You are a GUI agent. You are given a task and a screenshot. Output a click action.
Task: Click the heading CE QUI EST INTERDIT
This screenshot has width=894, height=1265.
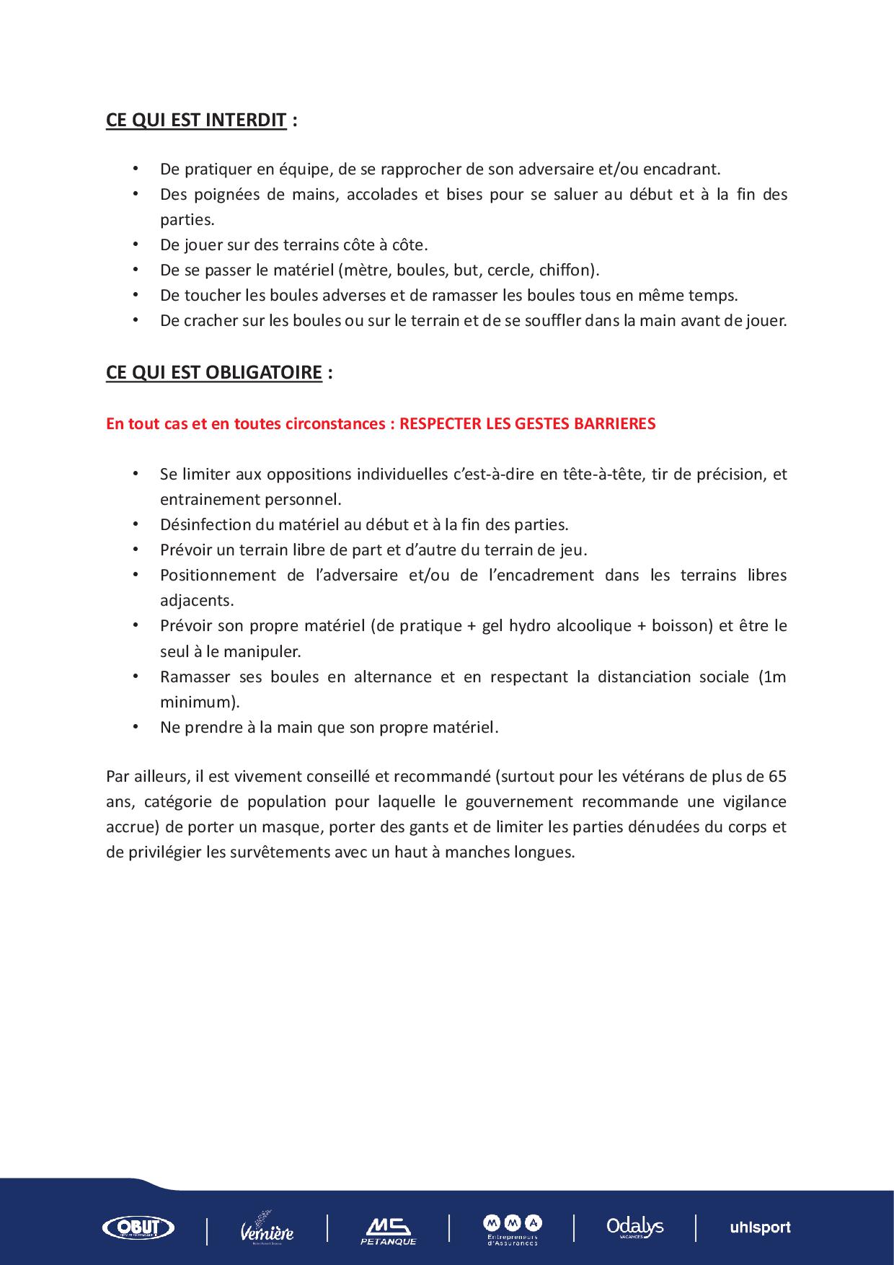pos(195,120)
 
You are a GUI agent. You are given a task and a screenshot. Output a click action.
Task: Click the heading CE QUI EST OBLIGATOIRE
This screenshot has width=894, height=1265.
pos(213,372)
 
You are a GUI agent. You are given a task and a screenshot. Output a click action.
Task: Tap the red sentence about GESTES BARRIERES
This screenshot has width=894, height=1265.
pos(381,424)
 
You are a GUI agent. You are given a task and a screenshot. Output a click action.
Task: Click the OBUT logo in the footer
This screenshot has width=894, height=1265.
pos(138,1227)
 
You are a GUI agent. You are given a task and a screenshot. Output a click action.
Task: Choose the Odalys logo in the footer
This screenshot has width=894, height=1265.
pos(634,1227)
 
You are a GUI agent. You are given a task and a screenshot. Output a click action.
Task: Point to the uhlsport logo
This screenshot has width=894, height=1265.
pos(760,1227)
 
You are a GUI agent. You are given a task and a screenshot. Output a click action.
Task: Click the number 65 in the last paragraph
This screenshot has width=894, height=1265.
pos(777,777)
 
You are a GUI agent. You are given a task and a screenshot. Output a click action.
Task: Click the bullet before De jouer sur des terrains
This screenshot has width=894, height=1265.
pos(135,244)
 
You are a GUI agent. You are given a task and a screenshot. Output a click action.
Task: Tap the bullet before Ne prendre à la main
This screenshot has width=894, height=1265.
pos(135,727)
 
